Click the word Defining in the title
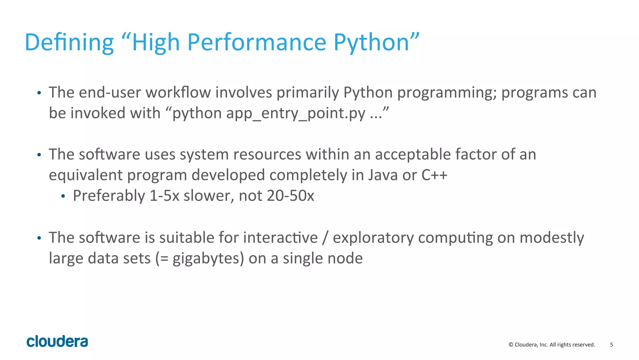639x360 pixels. point(69,42)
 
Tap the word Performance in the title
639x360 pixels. point(256,42)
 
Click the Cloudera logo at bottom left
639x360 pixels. point(57,341)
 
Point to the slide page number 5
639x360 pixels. point(611,345)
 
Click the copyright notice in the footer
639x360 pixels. point(552,345)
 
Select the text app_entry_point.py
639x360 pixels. point(295,113)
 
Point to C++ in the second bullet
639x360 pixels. point(434,175)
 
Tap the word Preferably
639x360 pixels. point(109,196)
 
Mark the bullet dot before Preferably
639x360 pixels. point(63,196)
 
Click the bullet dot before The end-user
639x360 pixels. point(39,93)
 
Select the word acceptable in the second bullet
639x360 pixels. point(412,155)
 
